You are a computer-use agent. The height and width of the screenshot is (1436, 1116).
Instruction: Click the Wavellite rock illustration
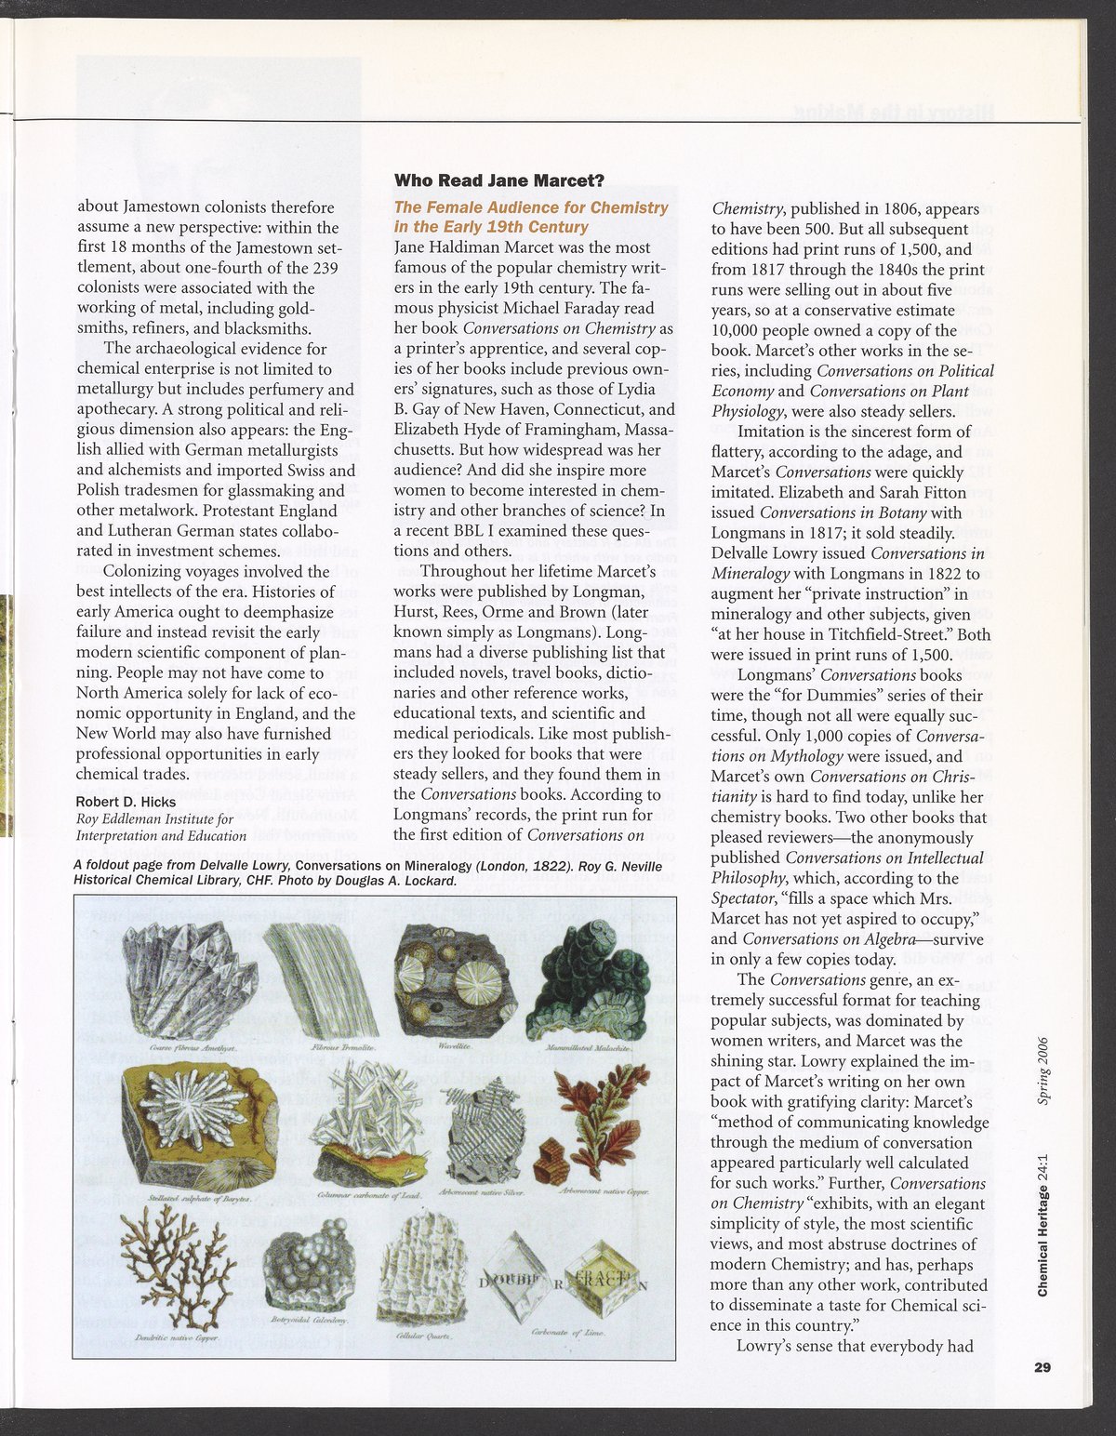point(454,981)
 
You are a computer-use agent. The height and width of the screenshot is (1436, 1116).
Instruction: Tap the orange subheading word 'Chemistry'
point(632,207)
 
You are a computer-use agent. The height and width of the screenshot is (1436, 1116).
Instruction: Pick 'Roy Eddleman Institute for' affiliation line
point(154,818)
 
